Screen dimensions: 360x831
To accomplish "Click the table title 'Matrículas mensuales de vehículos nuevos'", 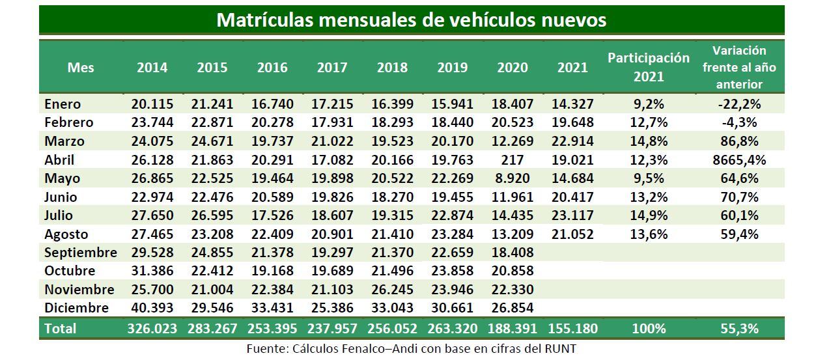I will (411, 20).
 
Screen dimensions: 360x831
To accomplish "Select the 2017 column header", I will (331, 67).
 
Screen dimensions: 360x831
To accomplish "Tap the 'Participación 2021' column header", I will (648, 67).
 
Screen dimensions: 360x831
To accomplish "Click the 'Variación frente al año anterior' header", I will (739, 67).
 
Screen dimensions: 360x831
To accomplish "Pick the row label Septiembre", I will (80, 253).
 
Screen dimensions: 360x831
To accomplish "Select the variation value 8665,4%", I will (739, 159).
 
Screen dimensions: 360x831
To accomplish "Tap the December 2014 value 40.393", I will (152, 308).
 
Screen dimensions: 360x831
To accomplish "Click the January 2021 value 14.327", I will (572, 104).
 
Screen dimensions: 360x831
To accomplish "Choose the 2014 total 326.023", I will (152, 329).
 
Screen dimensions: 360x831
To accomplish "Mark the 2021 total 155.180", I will (572, 329).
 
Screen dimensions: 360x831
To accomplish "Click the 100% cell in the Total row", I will (648, 329).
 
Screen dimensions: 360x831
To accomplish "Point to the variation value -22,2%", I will (739, 104).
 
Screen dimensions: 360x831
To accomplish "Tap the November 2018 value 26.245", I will (392, 290).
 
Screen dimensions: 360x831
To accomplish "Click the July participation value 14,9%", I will (648, 215).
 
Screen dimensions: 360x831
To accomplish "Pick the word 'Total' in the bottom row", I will (61, 329).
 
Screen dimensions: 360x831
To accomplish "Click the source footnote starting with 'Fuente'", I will (411, 349).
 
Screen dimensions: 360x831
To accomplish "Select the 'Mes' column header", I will (81, 67).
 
